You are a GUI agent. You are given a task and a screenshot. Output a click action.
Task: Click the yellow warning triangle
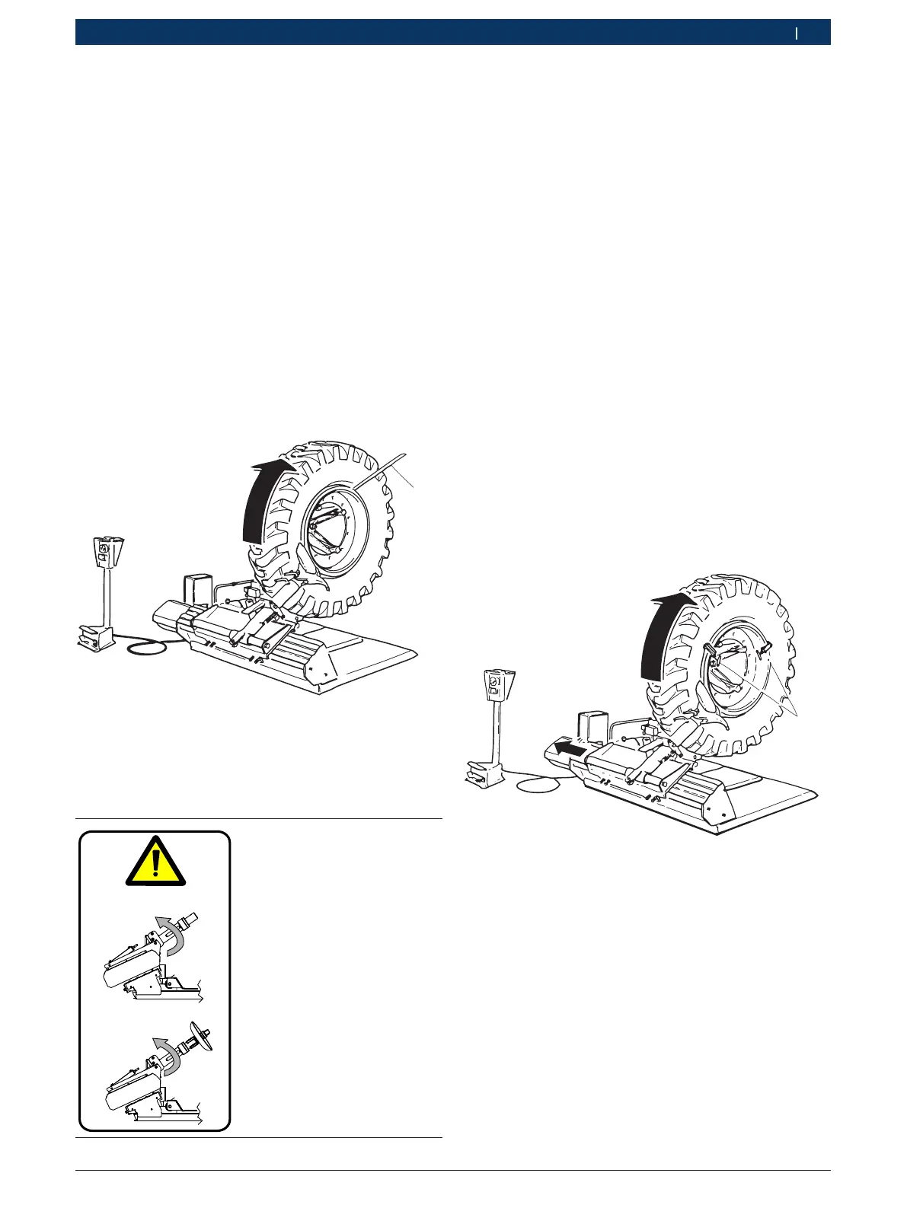point(155,864)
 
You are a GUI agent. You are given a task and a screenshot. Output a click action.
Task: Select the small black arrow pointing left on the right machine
point(570,750)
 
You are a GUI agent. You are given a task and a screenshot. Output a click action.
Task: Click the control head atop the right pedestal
point(494,684)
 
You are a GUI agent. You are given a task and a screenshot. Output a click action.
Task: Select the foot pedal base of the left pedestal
point(94,636)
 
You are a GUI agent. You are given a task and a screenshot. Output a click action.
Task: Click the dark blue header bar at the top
point(452,33)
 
